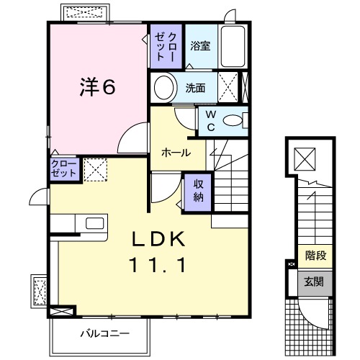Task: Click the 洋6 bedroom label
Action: [x=97, y=87]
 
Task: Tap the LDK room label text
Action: [x=161, y=238]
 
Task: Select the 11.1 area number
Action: [x=160, y=265]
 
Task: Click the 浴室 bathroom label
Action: [x=200, y=46]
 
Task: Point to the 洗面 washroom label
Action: [x=195, y=89]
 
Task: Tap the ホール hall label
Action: [x=176, y=153]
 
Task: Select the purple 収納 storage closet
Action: [x=198, y=190]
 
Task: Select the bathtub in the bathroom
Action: [x=233, y=48]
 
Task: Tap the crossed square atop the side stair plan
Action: [x=305, y=156]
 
